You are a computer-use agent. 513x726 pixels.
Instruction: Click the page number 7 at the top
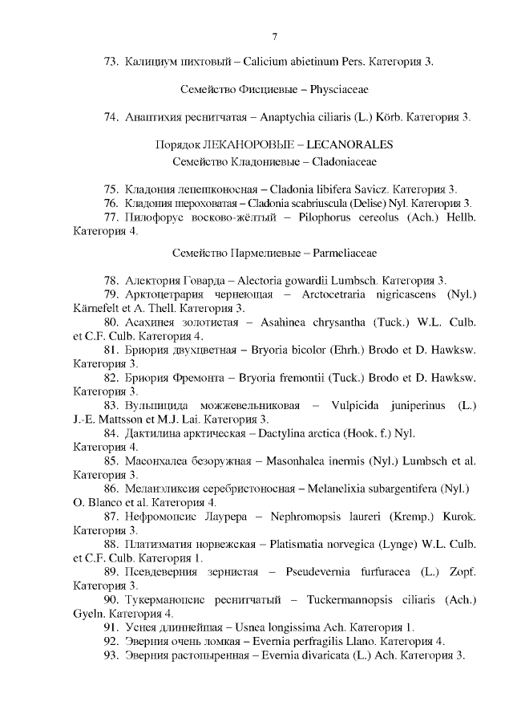[274, 36]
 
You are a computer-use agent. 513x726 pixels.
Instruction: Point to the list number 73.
[111, 61]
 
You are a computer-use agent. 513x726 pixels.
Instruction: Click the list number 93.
[111, 655]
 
